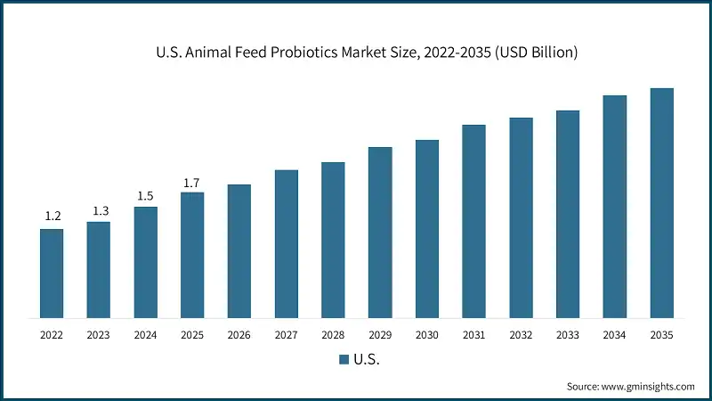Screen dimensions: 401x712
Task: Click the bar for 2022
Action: [x=52, y=274]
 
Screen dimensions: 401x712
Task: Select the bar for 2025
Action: [x=192, y=255]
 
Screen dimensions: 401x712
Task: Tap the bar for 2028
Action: [x=333, y=240]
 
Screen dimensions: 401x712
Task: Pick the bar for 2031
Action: [x=473, y=221]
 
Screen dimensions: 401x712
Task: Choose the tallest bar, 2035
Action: [x=661, y=203]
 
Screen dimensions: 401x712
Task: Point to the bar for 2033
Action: [x=568, y=214]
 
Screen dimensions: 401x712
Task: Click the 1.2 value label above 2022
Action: [x=52, y=217]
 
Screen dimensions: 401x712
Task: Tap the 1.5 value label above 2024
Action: [x=145, y=195]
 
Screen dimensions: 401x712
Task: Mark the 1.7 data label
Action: [x=192, y=183]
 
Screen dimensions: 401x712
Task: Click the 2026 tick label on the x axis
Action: [x=239, y=335]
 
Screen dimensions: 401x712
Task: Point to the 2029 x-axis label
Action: [x=380, y=335]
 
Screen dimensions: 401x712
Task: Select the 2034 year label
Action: [x=614, y=335]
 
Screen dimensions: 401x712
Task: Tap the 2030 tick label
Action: [x=427, y=335]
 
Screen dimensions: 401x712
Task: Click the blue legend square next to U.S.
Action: [x=343, y=360]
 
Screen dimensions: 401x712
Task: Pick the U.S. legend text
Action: [x=367, y=360]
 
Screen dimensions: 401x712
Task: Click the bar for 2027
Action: [x=286, y=243]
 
